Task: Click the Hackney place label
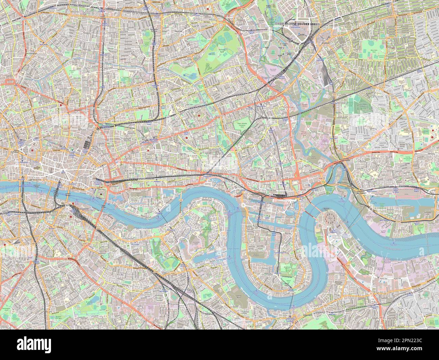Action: pyautogui.click(x=178, y=31)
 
